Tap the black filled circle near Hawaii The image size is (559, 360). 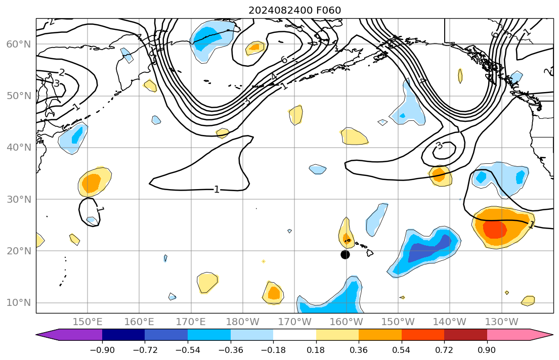(x=345, y=254)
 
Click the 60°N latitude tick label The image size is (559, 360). (x=18, y=44)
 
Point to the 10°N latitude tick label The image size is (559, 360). (x=18, y=303)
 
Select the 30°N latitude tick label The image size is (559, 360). (x=18, y=199)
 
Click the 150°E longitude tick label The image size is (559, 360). (x=88, y=322)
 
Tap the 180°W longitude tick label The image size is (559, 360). (x=243, y=322)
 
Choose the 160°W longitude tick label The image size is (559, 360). (x=347, y=322)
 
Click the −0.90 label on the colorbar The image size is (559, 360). (x=102, y=350)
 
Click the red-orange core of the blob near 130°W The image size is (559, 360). (x=495, y=229)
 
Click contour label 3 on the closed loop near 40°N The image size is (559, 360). (x=439, y=146)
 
